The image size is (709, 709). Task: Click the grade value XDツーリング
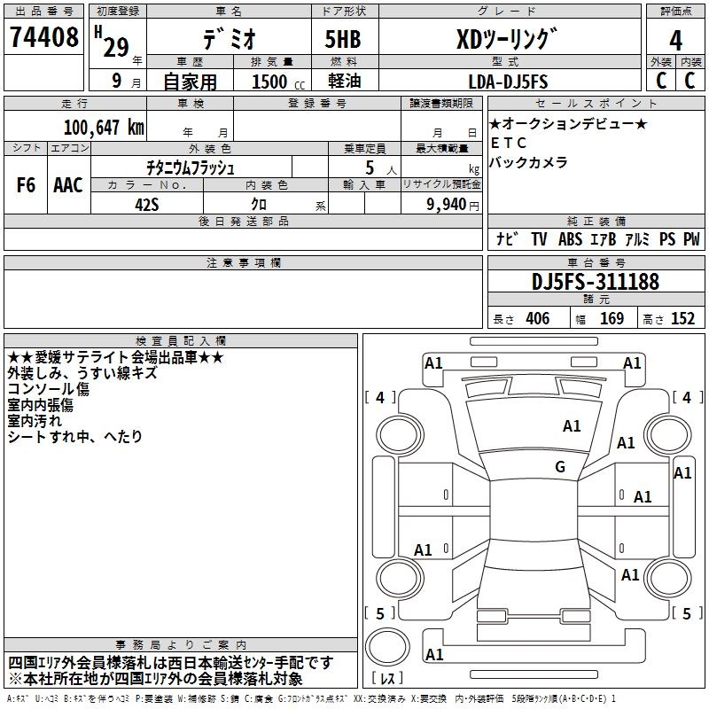[x=506, y=39]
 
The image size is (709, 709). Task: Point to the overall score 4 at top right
[x=676, y=39]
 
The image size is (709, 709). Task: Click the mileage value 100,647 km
[x=104, y=127]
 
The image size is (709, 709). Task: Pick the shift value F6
[x=27, y=185]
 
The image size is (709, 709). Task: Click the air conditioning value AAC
[x=67, y=185]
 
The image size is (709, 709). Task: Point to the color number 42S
[x=146, y=205]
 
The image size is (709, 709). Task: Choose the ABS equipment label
[x=572, y=239]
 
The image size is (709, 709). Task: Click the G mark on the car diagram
[x=560, y=467]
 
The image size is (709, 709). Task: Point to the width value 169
[x=612, y=319]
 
